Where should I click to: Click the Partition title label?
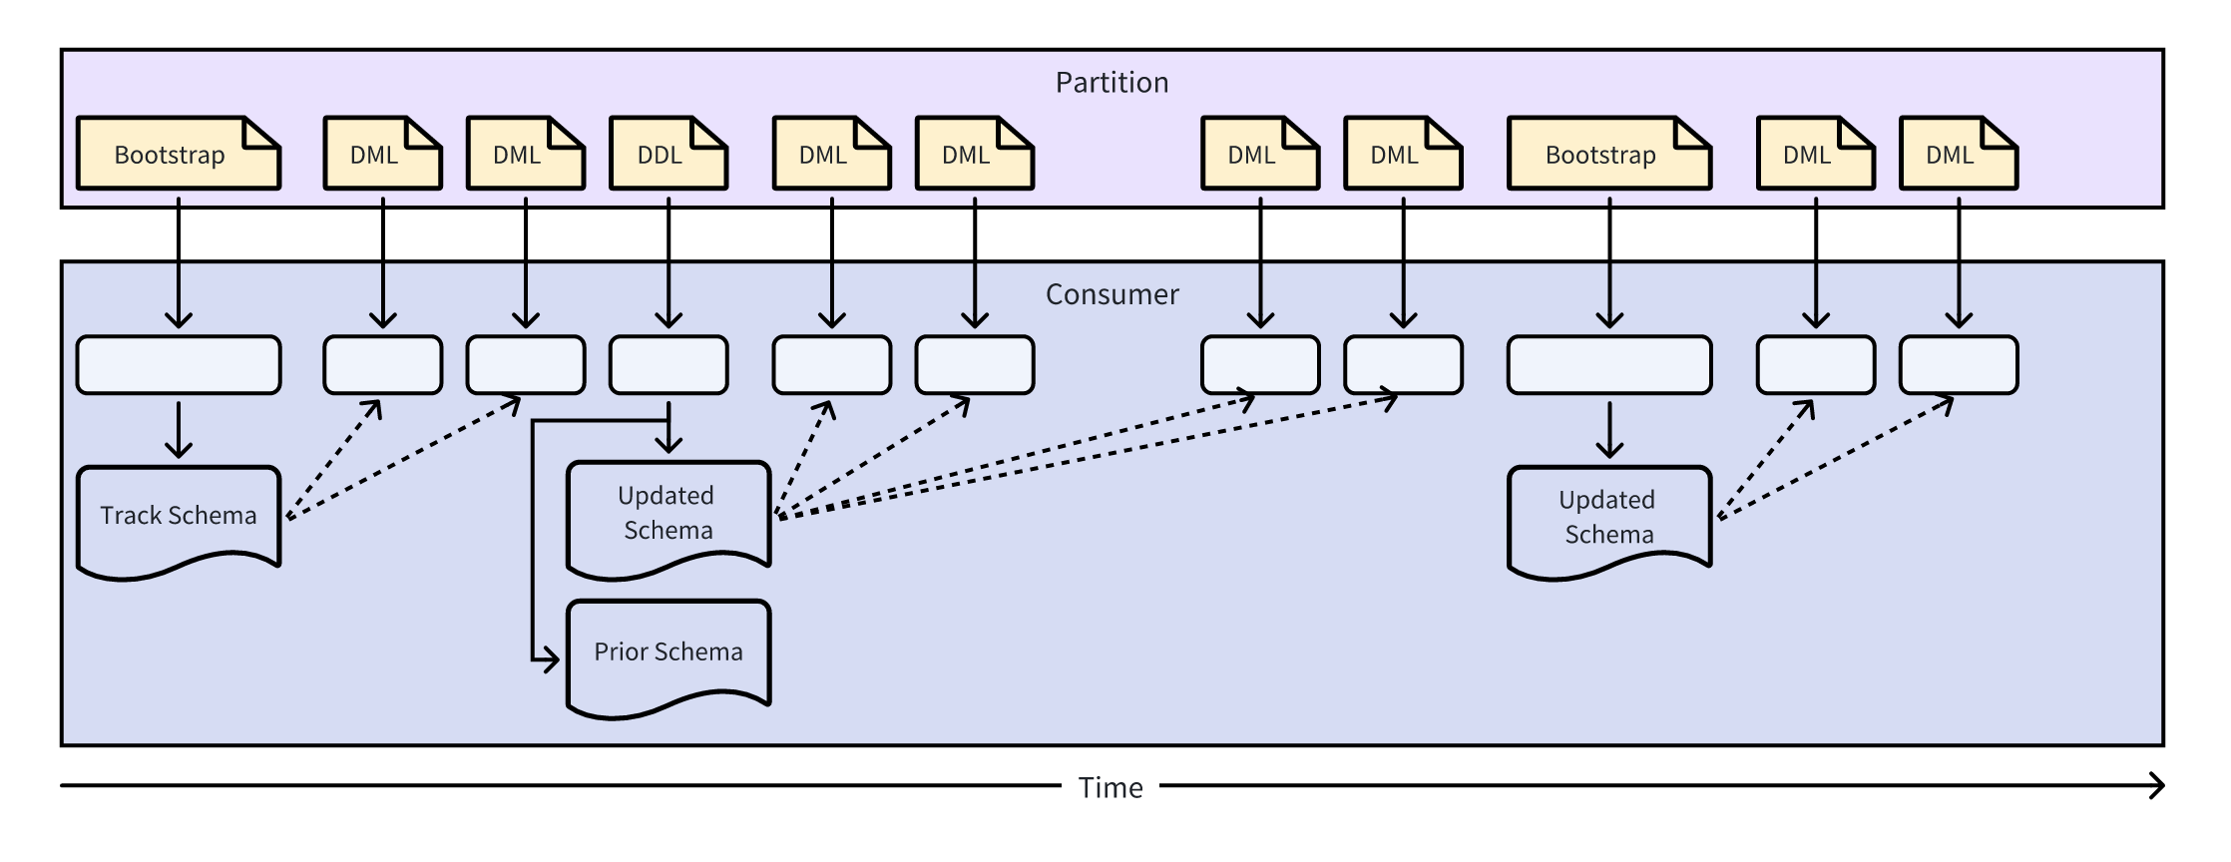tap(1112, 83)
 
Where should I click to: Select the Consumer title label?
tap(1112, 294)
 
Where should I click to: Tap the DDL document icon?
tap(668, 154)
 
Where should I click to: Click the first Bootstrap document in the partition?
tap(178, 154)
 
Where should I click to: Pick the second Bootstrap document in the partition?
tap(1608, 154)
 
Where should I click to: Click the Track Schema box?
tap(178, 517)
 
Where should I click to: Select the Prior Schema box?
tap(668, 652)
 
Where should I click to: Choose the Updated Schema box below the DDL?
tap(668, 514)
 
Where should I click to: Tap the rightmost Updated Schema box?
tap(1608, 517)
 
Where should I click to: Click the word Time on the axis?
tap(1111, 788)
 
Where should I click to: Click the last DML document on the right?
tap(1958, 154)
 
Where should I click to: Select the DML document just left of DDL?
tap(525, 154)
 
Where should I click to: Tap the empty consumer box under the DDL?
tap(668, 365)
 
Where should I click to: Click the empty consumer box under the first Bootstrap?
tap(178, 365)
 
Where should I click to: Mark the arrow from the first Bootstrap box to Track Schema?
tap(178, 429)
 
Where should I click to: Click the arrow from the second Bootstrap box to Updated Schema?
tap(1608, 429)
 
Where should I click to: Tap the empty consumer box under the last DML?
tap(1958, 365)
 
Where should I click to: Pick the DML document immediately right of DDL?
tap(831, 154)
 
